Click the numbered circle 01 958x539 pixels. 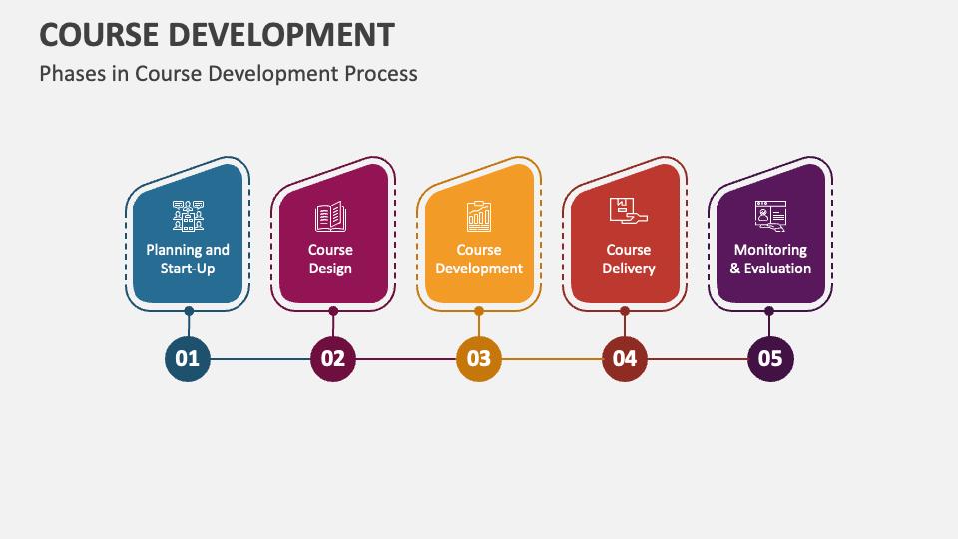(x=188, y=358)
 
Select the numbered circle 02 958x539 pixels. (x=333, y=358)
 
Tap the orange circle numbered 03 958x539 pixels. (x=479, y=358)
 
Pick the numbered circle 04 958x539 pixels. (x=625, y=358)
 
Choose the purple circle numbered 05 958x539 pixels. (x=770, y=358)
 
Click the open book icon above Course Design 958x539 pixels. (x=330, y=216)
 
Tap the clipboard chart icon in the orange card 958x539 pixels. (x=479, y=216)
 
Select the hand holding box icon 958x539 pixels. (x=628, y=213)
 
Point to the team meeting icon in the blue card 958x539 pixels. (x=188, y=216)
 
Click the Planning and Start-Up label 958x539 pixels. (x=188, y=259)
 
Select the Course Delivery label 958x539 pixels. (x=628, y=259)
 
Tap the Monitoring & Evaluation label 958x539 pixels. (x=770, y=259)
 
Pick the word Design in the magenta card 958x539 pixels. (x=330, y=269)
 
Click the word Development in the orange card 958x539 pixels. (x=479, y=269)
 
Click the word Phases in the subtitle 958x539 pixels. (x=71, y=74)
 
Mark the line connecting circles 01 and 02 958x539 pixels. (x=260, y=358)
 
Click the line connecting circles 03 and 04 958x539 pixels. (x=552, y=358)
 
